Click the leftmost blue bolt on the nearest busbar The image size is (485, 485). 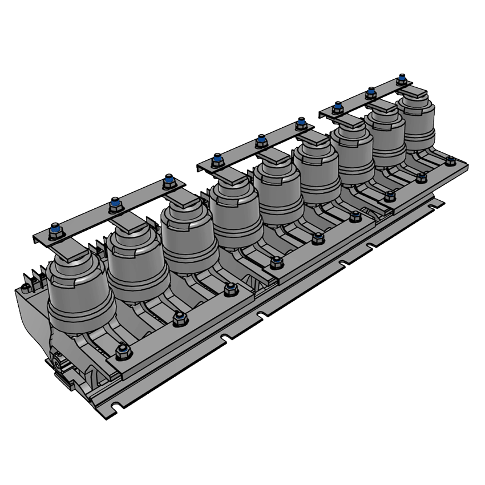point(56,231)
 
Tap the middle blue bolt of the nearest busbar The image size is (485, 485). point(115,204)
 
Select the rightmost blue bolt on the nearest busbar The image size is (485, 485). point(168,181)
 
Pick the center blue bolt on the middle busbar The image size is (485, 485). point(261,140)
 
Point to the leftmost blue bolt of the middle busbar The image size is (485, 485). point(216,159)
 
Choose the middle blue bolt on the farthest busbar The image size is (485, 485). point(371,92)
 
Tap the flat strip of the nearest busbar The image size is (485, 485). point(86,220)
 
